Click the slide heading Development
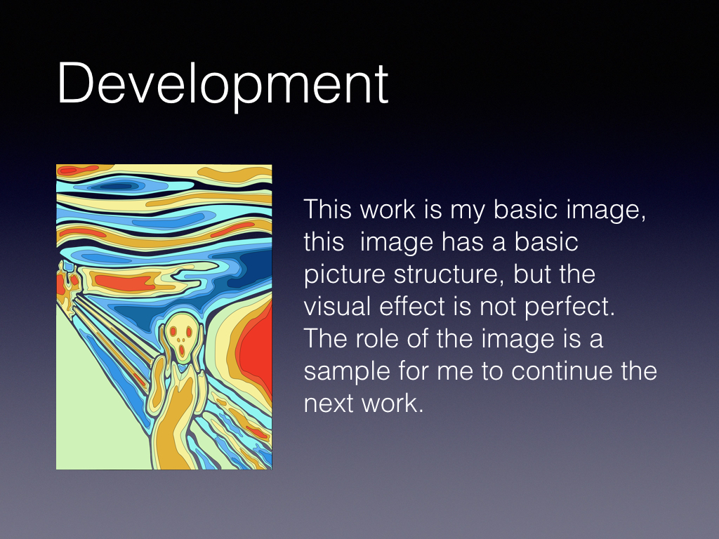click(223, 85)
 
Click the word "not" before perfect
click(499, 307)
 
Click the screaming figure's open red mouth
click(182, 351)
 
